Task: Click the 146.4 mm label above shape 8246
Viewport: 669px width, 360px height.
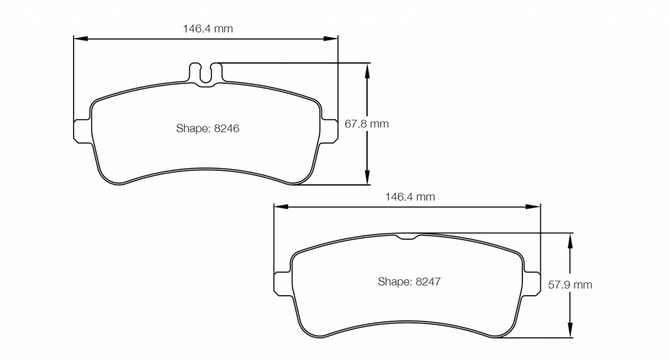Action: click(x=208, y=29)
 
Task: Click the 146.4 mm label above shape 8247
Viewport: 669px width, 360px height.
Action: click(x=410, y=197)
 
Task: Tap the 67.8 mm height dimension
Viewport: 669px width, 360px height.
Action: click(x=367, y=124)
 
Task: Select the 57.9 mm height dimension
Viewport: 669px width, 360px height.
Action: click(x=570, y=285)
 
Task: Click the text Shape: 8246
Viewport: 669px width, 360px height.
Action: click(x=207, y=128)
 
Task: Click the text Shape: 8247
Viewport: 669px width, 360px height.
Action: click(x=409, y=281)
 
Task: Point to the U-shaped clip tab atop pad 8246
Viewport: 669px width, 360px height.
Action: click(x=206, y=74)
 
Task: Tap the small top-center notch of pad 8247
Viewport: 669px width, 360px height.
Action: click(x=407, y=237)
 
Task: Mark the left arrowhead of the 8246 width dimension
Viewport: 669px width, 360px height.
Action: click(x=80, y=39)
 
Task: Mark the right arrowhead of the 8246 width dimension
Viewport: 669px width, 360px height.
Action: click(x=331, y=39)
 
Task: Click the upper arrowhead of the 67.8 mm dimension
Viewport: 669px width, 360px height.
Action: click(x=367, y=69)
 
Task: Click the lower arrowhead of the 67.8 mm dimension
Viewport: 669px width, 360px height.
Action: click(x=367, y=178)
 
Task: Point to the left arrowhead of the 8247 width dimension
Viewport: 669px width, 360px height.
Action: click(x=280, y=207)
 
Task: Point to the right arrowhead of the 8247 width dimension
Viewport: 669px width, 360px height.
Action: click(x=534, y=207)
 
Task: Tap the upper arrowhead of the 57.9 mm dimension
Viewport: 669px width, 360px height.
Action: click(x=570, y=239)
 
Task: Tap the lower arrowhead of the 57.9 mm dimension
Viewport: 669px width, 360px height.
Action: click(x=570, y=331)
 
